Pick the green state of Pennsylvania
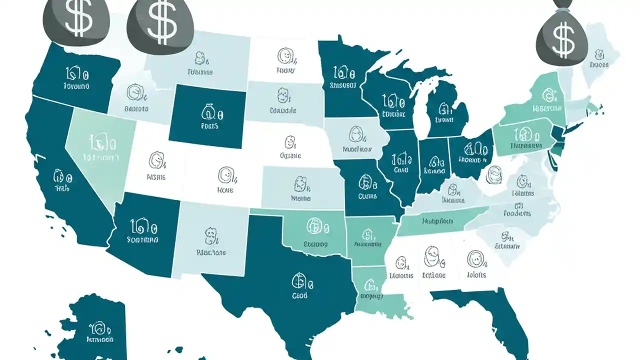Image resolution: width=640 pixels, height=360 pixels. (x=522, y=137)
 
